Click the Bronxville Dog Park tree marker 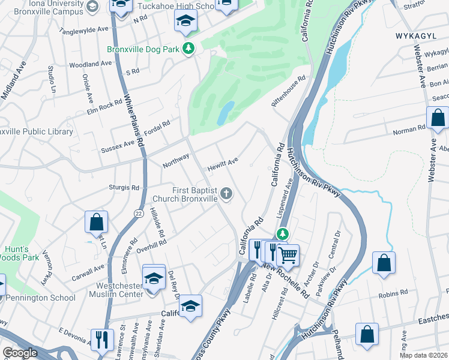(x=189, y=49)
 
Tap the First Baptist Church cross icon (x=226, y=193)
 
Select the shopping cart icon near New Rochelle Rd (x=288, y=255)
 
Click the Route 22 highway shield (x=139, y=214)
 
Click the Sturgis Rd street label (x=124, y=188)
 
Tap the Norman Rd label (x=409, y=130)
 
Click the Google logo (x=20, y=353)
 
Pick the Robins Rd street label (x=393, y=295)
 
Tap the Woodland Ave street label (x=91, y=64)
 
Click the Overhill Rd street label (x=151, y=246)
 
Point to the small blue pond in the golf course (x=226, y=113)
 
